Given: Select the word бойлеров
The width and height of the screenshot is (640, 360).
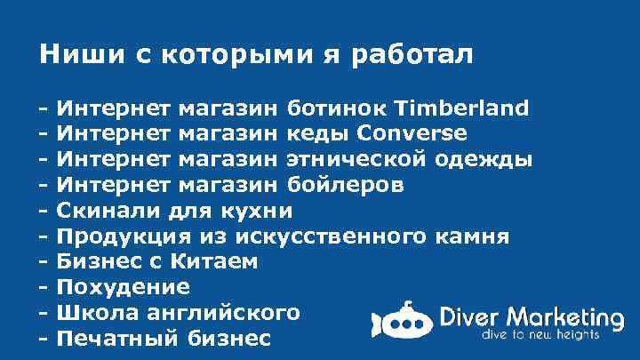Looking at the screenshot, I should (x=346, y=186).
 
